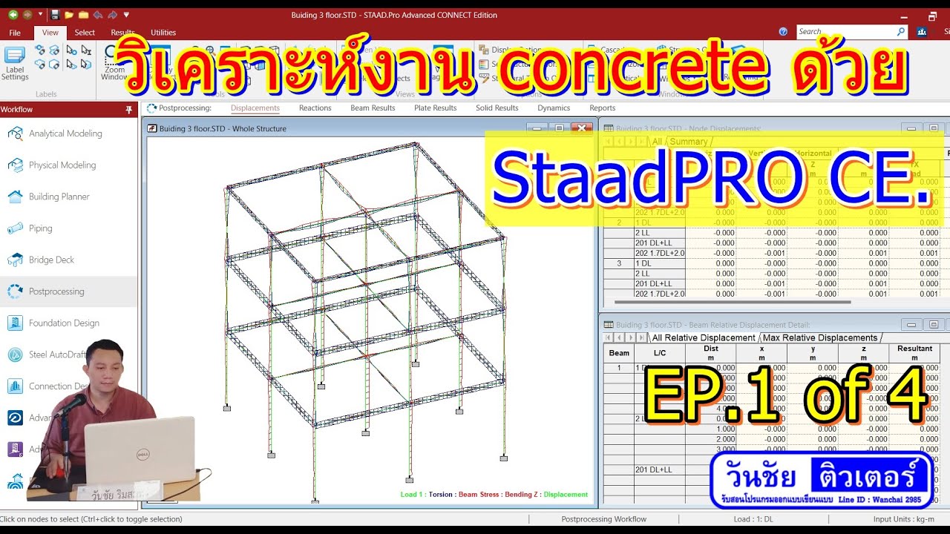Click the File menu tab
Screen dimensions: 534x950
[x=15, y=33]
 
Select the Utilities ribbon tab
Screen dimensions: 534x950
[x=163, y=33]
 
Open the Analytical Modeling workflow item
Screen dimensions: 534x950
[x=65, y=133]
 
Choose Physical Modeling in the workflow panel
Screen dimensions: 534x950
[x=62, y=165]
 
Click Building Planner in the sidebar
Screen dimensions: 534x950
[x=59, y=197]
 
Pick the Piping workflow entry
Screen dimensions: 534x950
[x=40, y=228]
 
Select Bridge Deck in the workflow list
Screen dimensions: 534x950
[x=51, y=260]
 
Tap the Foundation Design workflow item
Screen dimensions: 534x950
[x=64, y=323]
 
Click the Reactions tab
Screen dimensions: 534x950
[x=315, y=108]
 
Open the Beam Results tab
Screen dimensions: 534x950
[x=373, y=108]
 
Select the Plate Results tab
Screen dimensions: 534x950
[x=435, y=108]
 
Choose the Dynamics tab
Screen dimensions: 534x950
[x=554, y=108]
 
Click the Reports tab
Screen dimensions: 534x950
[x=602, y=108]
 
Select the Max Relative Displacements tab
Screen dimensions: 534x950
[x=819, y=338]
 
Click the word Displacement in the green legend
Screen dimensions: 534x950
[x=566, y=495]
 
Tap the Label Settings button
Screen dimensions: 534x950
[x=15, y=63]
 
